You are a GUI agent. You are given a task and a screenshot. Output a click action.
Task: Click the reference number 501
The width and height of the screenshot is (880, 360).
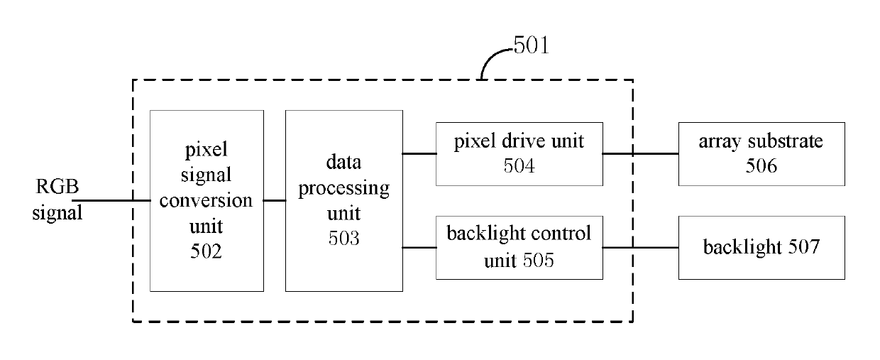(x=531, y=45)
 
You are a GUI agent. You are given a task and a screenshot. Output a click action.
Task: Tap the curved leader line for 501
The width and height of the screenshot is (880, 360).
(x=490, y=57)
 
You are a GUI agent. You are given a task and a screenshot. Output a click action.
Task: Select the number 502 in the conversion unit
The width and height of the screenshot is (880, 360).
(x=207, y=251)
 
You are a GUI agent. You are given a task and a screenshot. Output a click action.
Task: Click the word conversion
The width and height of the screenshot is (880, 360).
(x=206, y=200)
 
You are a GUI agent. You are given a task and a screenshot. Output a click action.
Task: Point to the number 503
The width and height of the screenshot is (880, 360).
(x=343, y=238)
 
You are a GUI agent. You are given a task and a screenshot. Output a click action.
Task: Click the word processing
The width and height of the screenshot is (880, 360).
(x=343, y=189)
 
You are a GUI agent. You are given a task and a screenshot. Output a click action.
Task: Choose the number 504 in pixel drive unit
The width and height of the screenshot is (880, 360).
(x=519, y=166)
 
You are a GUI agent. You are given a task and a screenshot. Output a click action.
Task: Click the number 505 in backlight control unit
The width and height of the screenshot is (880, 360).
(x=538, y=260)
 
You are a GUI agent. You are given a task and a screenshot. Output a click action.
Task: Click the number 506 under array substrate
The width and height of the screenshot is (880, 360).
(x=761, y=166)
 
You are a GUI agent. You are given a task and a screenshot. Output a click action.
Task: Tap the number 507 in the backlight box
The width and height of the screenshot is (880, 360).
(x=804, y=246)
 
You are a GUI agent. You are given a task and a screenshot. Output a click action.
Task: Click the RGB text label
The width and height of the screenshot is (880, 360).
(x=57, y=186)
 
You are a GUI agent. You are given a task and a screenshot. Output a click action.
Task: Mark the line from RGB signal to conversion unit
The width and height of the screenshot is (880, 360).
(x=111, y=200)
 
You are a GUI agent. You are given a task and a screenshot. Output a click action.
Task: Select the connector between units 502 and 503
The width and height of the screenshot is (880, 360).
(x=275, y=200)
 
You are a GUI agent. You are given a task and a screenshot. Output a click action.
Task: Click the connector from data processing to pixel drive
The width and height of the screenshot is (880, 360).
(x=419, y=153)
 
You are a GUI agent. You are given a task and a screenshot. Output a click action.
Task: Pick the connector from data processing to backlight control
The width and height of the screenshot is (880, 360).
(x=419, y=248)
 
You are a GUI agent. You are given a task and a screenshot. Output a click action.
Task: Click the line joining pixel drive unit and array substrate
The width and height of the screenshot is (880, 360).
(x=641, y=153)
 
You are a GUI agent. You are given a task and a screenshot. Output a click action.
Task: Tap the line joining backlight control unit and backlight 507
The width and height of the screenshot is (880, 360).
(x=641, y=248)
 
